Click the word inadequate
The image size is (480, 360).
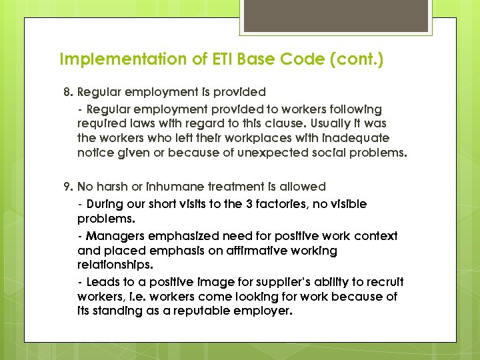356,138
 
